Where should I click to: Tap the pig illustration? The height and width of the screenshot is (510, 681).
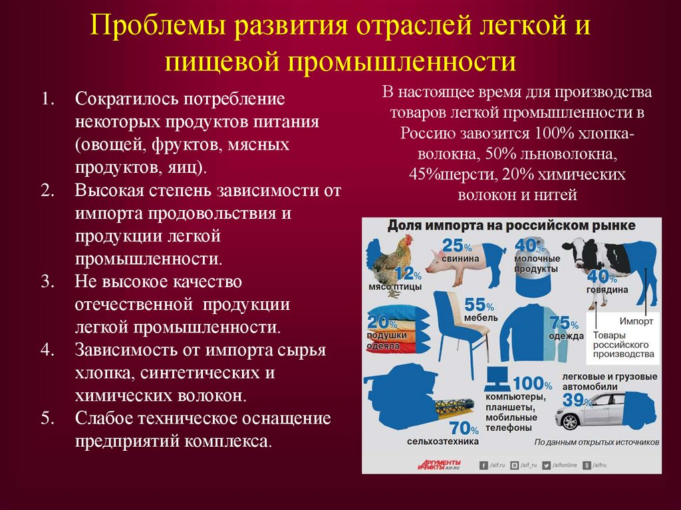459,259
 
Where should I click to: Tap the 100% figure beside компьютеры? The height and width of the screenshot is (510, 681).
532,384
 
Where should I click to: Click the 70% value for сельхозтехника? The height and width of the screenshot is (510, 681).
464,428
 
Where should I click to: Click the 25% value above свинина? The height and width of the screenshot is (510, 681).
456,245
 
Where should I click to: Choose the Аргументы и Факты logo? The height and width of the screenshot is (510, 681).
440,464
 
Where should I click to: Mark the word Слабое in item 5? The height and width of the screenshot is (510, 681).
103,418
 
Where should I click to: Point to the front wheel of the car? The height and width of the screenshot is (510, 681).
571,421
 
